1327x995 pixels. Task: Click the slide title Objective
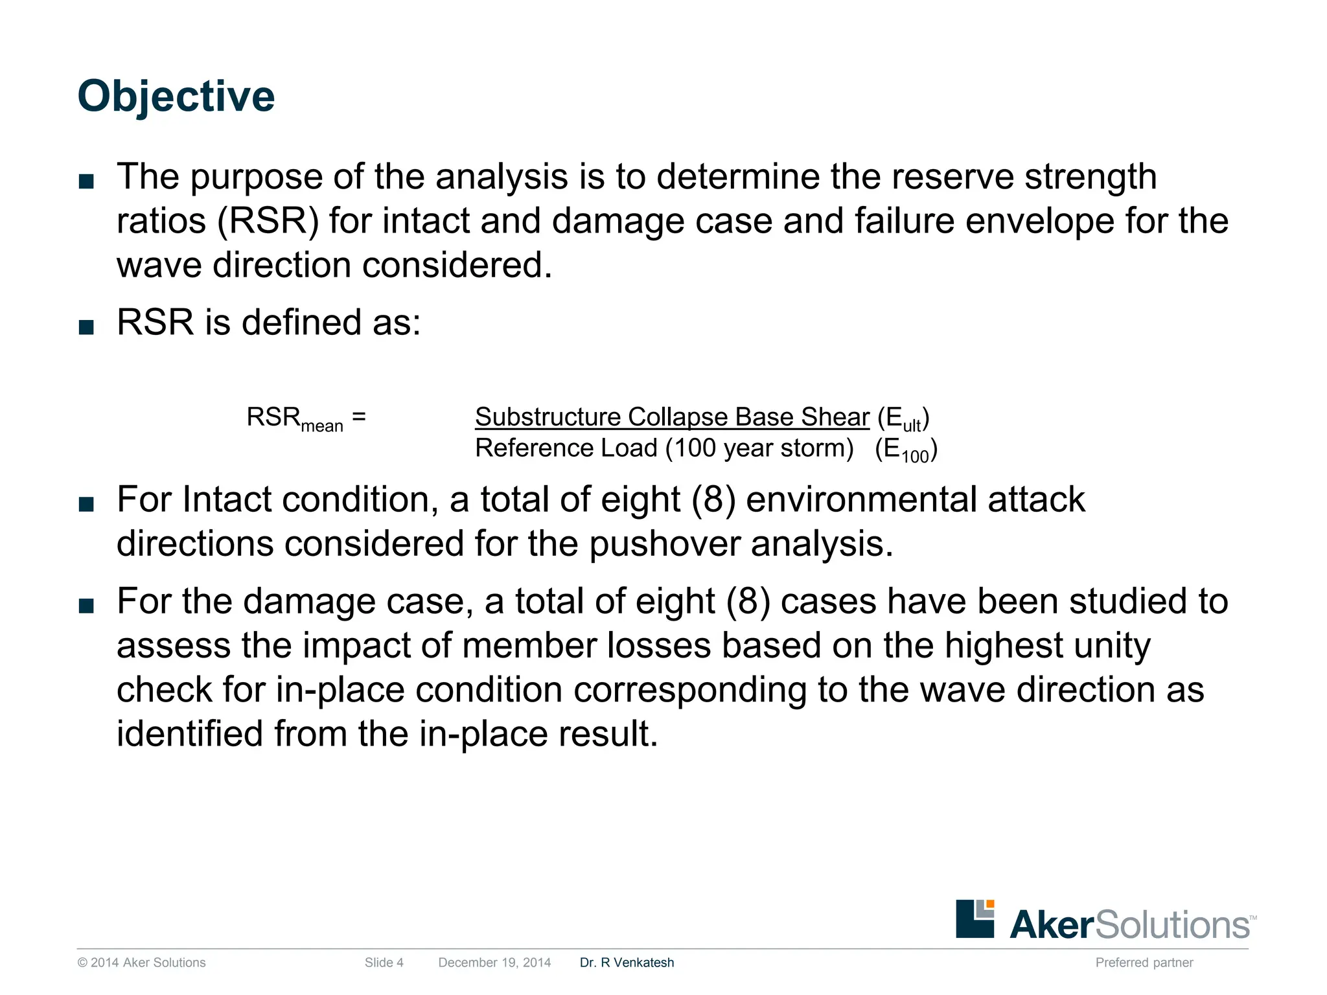coord(176,97)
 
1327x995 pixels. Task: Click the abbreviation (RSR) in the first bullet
coord(268,222)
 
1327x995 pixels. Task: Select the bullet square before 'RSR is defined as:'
coord(86,327)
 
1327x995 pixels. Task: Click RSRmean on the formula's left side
coord(294,418)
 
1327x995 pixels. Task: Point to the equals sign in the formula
coord(359,417)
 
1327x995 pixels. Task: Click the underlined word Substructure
coord(548,417)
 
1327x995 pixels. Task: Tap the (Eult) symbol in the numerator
coord(903,418)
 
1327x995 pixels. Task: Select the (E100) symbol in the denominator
coord(906,450)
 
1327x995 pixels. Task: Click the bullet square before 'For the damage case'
coord(86,606)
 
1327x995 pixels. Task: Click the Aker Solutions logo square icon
coord(975,918)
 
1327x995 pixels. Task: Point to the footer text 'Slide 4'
coord(384,963)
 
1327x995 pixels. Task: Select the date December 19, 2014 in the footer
coord(494,963)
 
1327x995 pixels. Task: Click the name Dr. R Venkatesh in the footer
coord(627,963)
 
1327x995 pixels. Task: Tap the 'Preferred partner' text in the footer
coord(1144,963)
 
